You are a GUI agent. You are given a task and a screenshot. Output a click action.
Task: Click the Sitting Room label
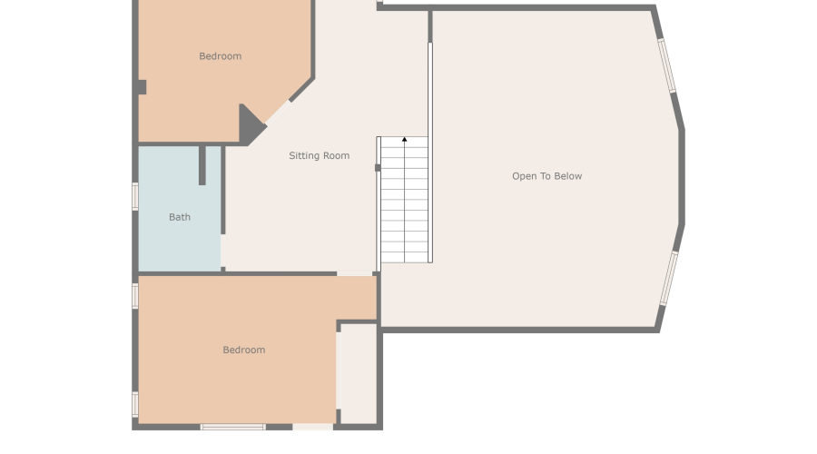pyautogui.click(x=319, y=155)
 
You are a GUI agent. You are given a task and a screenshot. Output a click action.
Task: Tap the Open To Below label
pyautogui.click(x=546, y=176)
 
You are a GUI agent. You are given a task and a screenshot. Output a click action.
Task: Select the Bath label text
pyautogui.click(x=179, y=217)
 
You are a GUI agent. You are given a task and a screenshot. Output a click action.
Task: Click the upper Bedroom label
pyautogui.click(x=220, y=56)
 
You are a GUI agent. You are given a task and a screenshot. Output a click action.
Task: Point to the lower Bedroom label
pyautogui.click(x=244, y=350)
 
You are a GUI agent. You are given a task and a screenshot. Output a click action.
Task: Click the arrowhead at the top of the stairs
pyautogui.click(x=404, y=139)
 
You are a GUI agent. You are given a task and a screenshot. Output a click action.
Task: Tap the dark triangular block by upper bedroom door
pyautogui.click(x=251, y=125)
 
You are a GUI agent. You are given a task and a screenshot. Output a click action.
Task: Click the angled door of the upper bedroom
pyautogui.click(x=279, y=112)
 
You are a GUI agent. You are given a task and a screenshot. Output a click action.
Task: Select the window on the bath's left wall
pyautogui.click(x=135, y=196)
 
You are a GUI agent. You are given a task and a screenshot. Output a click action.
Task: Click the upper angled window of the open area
pyautogui.click(x=667, y=65)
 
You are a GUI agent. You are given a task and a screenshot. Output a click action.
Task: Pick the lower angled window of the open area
pyautogui.click(x=669, y=278)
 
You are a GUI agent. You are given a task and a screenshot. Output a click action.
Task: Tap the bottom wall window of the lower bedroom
pyautogui.click(x=233, y=427)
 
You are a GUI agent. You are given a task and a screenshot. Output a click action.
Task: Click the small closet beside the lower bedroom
pyautogui.click(x=359, y=373)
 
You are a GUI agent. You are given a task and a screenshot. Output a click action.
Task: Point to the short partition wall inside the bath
pyautogui.click(x=202, y=166)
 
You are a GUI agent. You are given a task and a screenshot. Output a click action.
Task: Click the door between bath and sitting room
pyautogui.click(x=223, y=251)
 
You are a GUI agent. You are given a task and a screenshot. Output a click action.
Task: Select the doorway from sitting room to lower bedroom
pyautogui.click(x=354, y=273)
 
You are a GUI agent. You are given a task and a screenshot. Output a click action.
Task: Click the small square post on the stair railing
pyautogui.click(x=378, y=168)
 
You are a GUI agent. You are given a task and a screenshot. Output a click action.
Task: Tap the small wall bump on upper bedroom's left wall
pyautogui.click(x=143, y=87)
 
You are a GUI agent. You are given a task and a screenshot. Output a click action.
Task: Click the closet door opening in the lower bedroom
pyautogui.click(x=339, y=370)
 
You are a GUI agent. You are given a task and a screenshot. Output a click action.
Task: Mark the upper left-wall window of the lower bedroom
pyautogui.click(x=135, y=296)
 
